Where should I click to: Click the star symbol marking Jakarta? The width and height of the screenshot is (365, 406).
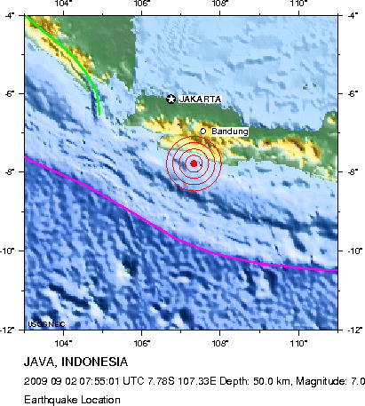coord(171,99)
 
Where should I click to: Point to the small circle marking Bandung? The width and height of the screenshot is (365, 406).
coord(202,131)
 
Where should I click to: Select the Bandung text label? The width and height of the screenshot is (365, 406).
coord(230,131)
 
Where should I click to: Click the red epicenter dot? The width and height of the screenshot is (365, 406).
coord(194,163)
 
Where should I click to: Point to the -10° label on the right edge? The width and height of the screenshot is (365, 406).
coord(353,251)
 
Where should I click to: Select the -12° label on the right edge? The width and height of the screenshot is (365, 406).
coord(353,329)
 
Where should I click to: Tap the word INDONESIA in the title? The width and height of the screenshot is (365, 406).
coord(96,362)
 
